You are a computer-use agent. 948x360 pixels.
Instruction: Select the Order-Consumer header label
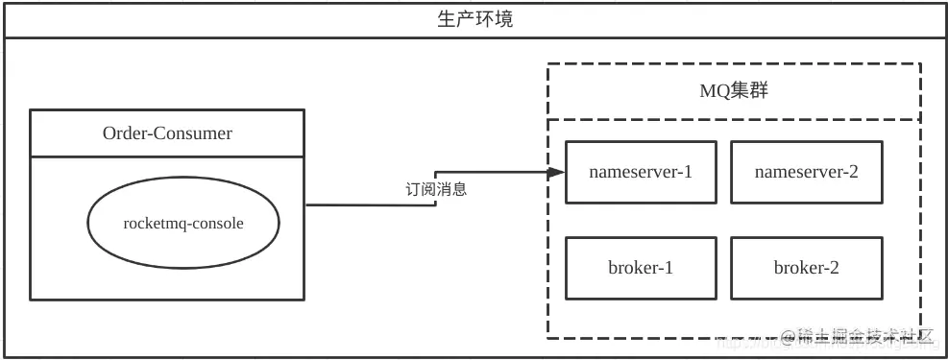point(167,133)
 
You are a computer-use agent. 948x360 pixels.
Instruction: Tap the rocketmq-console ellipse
point(183,224)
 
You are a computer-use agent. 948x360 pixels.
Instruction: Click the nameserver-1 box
point(641,172)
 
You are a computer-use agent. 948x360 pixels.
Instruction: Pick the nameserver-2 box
point(806,172)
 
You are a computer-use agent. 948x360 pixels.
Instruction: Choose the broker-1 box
point(641,268)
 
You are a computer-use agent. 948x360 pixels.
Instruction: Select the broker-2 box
point(806,268)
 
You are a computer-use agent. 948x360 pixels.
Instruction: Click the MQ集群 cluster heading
point(733,91)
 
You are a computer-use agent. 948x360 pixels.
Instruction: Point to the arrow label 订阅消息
point(435,189)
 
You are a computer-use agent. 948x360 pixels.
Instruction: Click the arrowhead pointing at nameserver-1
point(556,173)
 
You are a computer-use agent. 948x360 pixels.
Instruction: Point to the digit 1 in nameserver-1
point(687,172)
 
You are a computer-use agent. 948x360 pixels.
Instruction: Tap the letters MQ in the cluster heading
point(714,91)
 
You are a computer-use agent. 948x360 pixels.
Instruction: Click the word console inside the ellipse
point(219,224)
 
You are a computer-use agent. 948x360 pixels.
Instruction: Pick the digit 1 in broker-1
point(668,268)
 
